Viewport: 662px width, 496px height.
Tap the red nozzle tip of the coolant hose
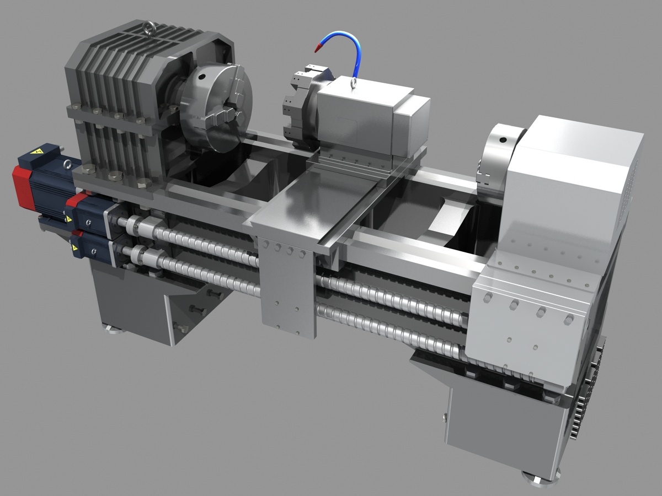318,48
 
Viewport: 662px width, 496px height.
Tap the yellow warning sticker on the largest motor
38,150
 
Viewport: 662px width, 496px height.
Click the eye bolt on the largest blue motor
67,164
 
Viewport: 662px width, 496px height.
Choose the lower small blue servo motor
91,246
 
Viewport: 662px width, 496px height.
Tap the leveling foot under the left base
115,330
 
